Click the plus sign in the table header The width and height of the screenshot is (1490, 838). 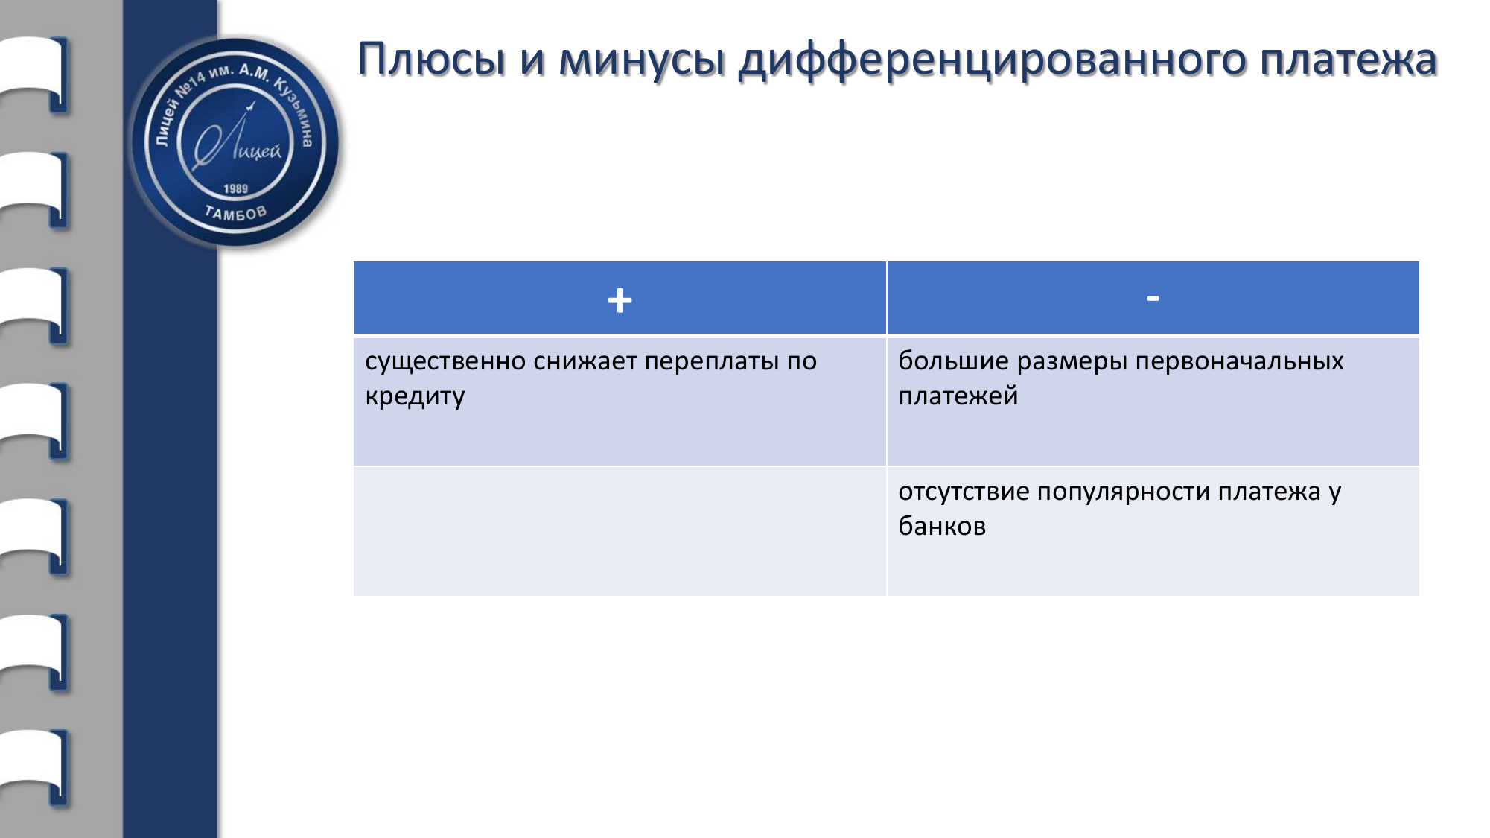[x=620, y=301]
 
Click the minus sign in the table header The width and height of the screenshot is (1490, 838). [x=1153, y=299]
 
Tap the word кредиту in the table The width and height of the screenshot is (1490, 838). [x=415, y=397]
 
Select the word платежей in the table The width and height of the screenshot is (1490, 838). [x=958, y=397]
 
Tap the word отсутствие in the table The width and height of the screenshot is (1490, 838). [x=964, y=492]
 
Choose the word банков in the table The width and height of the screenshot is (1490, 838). [x=942, y=527]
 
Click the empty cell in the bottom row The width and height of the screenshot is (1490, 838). [x=620, y=531]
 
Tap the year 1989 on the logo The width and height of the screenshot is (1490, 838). [x=235, y=188]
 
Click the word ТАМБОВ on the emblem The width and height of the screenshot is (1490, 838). [x=235, y=214]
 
